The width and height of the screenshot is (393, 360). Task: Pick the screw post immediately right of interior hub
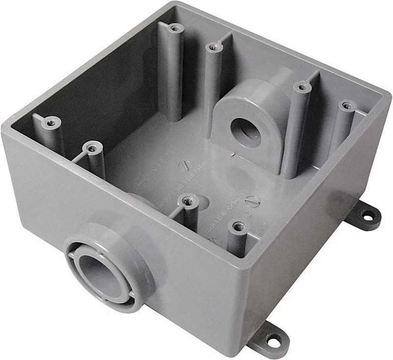pyautogui.click(x=301, y=88)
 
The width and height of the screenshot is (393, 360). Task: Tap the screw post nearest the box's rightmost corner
pyautogui.click(x=347, y=106)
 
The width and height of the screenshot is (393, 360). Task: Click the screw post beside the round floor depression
pyautogui.click(x=188, y=200)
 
